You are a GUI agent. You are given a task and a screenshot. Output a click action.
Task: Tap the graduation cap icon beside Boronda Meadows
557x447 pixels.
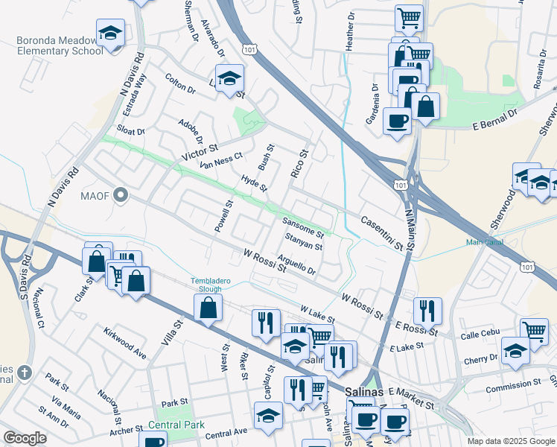pos(110,34)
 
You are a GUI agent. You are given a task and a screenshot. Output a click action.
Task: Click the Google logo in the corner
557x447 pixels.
pos(25,438)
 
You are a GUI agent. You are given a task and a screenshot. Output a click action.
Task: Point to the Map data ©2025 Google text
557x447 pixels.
pos(510,441)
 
